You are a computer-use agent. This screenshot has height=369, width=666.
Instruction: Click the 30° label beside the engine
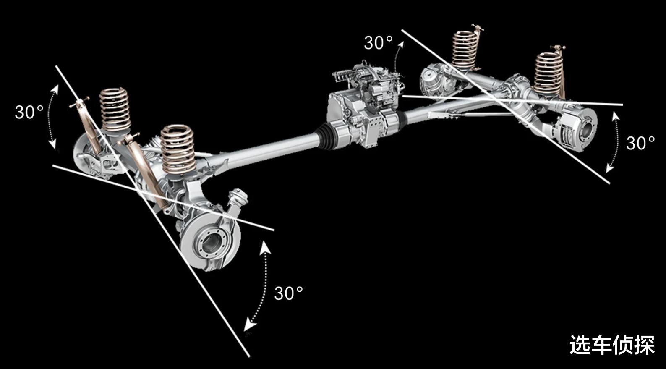coord(378,43)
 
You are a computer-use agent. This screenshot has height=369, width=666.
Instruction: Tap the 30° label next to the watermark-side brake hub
coord(640,143)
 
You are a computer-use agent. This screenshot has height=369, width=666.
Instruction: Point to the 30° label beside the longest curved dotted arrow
coord(288,293)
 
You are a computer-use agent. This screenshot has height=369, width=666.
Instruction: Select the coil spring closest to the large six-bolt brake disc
coord(178,149)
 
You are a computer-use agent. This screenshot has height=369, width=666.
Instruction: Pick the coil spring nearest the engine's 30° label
coord(465,50)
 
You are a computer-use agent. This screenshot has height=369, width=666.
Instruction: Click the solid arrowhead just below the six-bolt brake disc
coord(264,248)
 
